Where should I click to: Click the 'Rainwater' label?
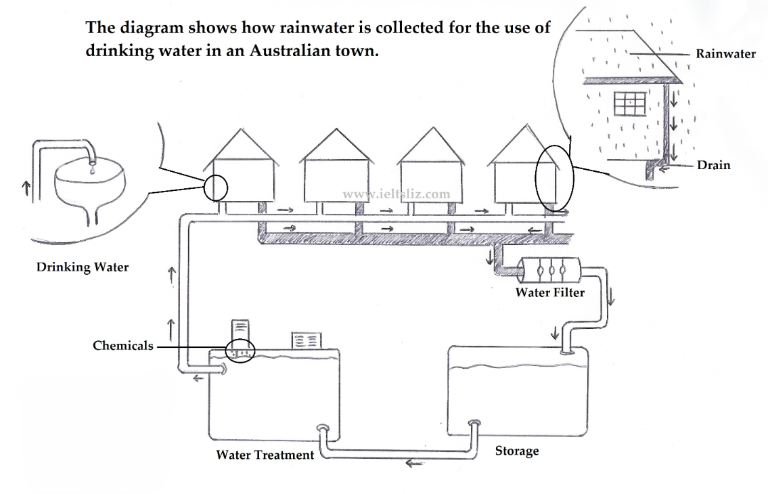coord(725,54)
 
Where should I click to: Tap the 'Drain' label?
coord(714,165)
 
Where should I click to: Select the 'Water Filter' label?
coord(550,292)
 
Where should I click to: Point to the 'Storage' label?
coord(517,451)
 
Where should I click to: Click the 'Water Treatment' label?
coord(265,455)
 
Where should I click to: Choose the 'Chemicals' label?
coord(123,346)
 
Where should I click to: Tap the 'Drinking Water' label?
coord(83,267)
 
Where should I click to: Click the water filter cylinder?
coord(549,270)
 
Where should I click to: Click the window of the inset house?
coord(630,104)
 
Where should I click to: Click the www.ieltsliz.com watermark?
coord(397,195)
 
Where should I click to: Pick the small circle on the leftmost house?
coord(215,187)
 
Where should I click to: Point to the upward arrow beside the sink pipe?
coord(26,188)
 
